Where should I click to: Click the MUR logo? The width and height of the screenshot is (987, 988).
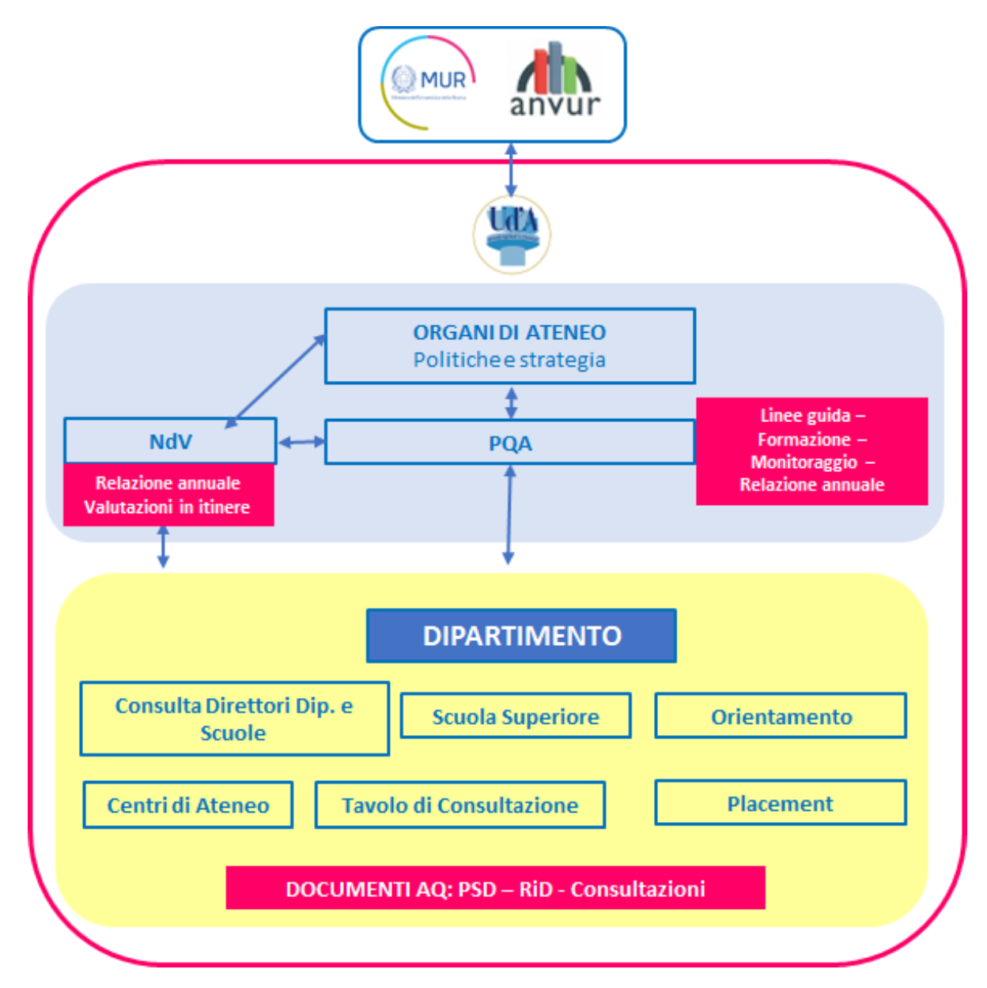[429, 82]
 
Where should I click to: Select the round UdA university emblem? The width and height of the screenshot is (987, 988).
[512, 234]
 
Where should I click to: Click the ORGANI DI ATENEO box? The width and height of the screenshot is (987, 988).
[509, 346]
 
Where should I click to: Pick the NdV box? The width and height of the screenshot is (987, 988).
[170, 441]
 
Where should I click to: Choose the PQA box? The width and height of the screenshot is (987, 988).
[509, 443]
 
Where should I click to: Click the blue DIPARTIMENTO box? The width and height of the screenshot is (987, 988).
[521, 635]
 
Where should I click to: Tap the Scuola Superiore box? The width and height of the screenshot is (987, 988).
[516, 716]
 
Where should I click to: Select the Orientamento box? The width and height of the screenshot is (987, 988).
[781, 716]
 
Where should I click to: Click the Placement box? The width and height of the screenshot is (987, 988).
[781, 803]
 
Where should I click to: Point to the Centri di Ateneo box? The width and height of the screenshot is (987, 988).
[188, 805]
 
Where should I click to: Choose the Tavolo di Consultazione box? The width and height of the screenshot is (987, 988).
[460, 805]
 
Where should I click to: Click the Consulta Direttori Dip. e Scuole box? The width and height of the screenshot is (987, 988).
[234, 718]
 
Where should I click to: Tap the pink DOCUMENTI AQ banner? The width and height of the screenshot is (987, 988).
[495, 888]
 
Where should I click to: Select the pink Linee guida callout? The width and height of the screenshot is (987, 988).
[811, 451]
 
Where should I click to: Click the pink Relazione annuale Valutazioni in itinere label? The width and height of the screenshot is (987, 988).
[168, 495]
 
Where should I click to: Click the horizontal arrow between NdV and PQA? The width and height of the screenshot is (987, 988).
[301, 442]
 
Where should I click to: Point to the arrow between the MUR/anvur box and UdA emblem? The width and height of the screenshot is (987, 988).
[511, 169]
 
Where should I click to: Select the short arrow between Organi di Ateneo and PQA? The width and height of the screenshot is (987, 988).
[511, 402]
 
